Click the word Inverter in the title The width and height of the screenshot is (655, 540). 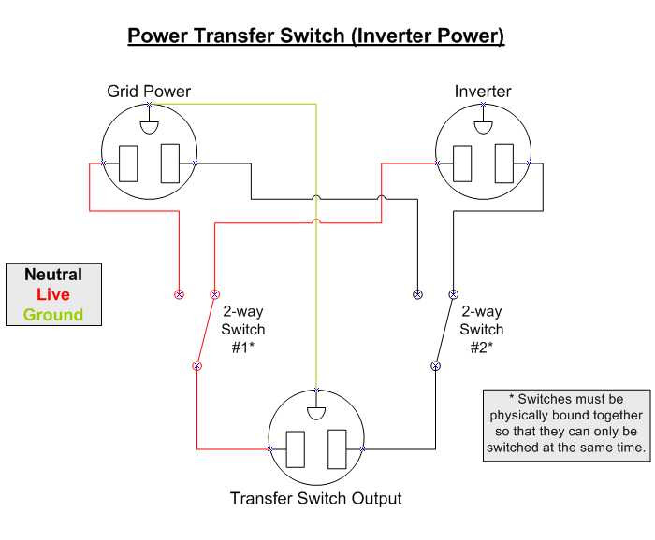[x=390, y=36]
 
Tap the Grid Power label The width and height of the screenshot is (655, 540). [x=149, y=92]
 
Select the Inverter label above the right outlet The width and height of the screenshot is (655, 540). [x=483, y=92]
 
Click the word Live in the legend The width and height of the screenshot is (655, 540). [x=53, y=294]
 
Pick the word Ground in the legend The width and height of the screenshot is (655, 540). [x=53, y=315]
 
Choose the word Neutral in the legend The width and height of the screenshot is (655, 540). [x=53, y=275]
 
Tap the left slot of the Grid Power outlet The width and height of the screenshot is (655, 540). [x=128, y=163]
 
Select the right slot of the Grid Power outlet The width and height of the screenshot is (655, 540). [x=170, y=163]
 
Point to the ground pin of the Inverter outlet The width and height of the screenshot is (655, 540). [x=484, y=128]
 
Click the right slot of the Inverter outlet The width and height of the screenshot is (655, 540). [x=504, y=163]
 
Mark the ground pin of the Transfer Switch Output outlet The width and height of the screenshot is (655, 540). [x=316, y=413]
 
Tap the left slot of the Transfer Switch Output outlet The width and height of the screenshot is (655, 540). [x=296, y=449]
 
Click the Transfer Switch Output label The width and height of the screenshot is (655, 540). [x=316, y=498]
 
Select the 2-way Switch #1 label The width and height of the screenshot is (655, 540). [x=242, y=329]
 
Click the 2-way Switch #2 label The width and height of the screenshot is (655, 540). [x=482, y=329]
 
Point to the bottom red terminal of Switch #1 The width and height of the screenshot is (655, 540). [x=197, y=366]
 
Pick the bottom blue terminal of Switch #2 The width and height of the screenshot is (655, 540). [x=436, y=366]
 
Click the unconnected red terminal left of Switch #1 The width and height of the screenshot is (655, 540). [x=180, y=294]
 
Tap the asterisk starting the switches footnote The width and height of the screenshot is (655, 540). [x=512, y=396]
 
